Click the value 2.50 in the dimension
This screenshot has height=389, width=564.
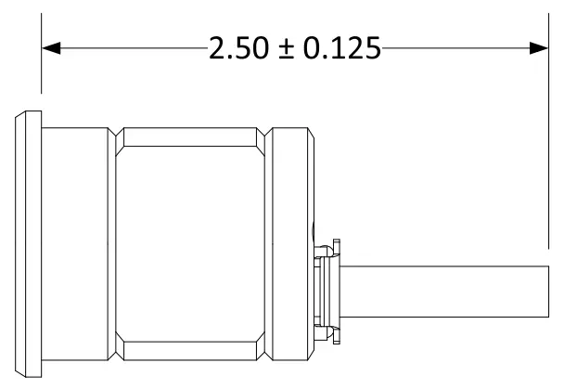pos(237,48)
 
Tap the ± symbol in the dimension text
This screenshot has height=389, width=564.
pos(281,49)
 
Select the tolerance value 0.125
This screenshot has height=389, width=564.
pos(335,48)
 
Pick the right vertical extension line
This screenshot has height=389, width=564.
pos(549,139)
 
